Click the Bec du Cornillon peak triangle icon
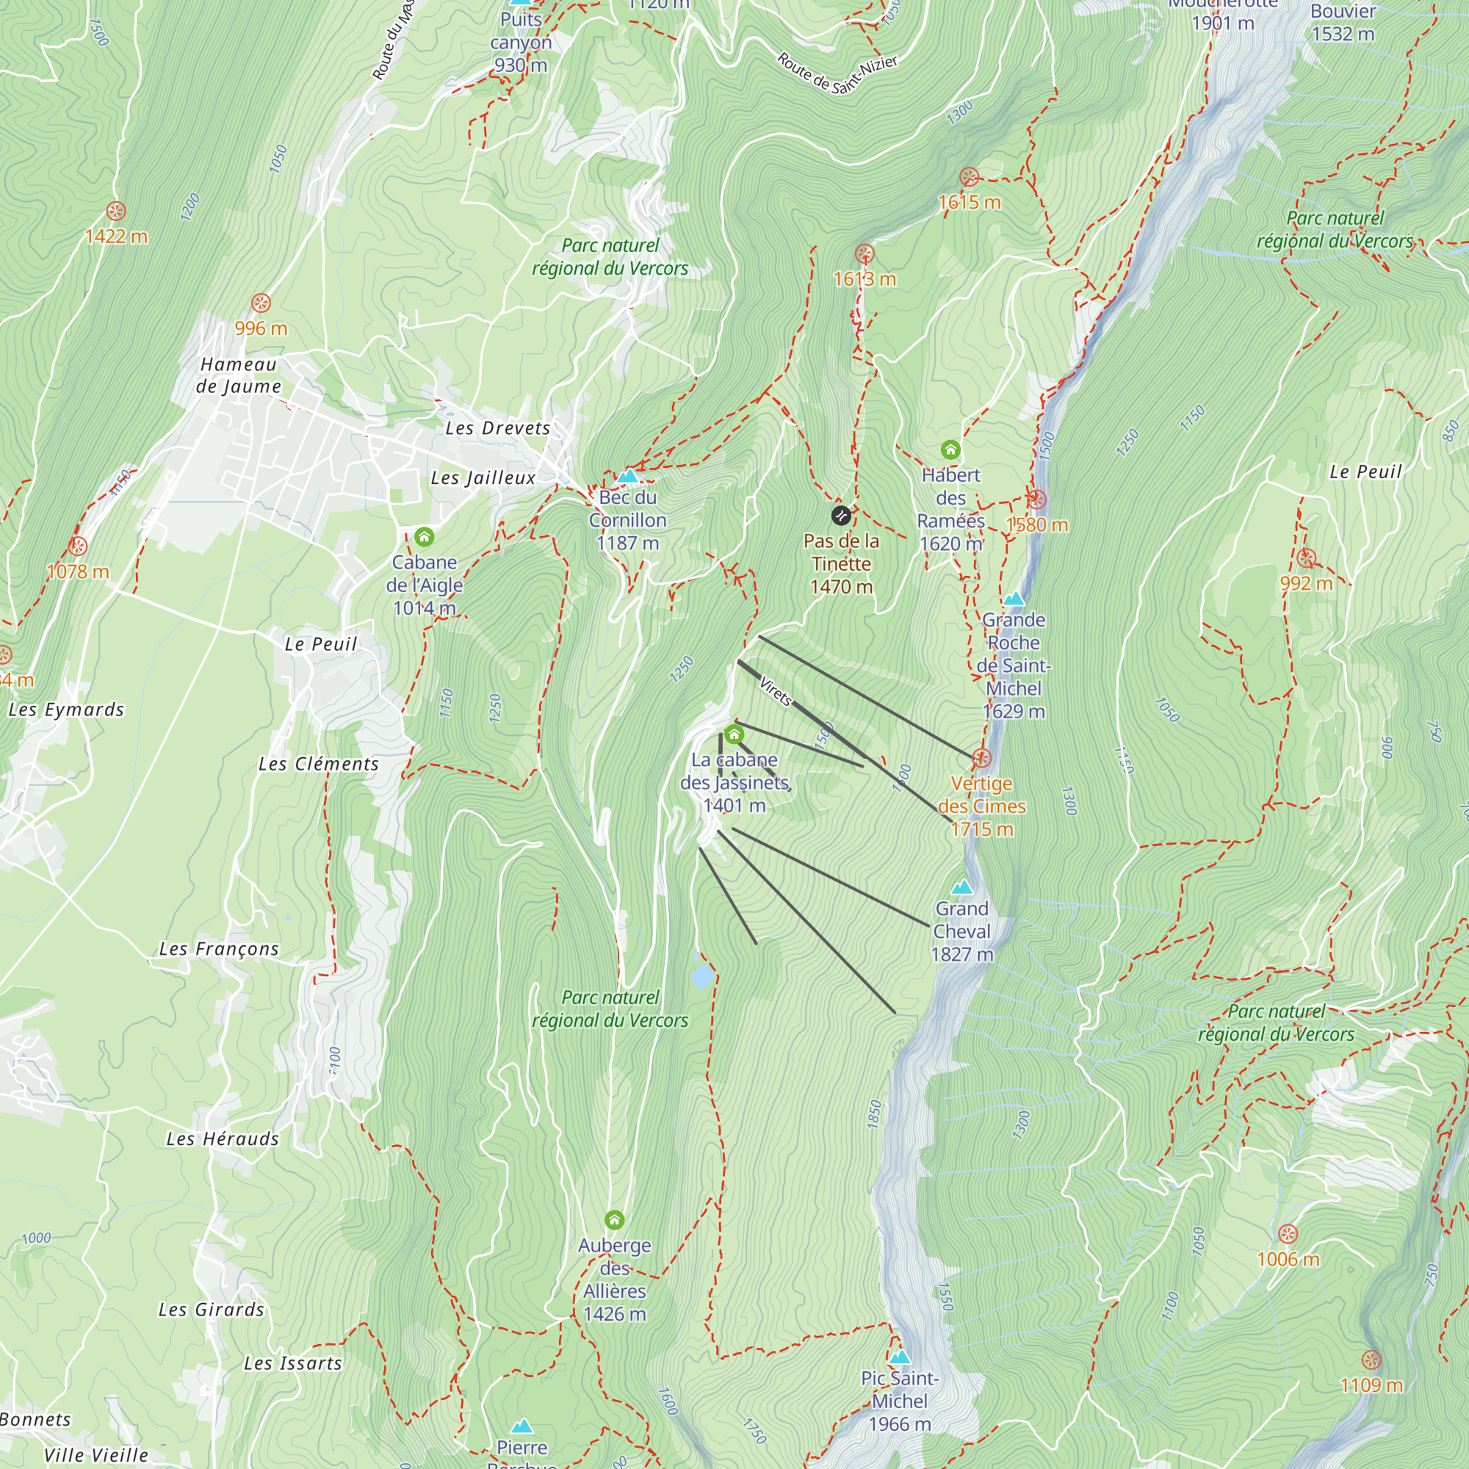point(627,477)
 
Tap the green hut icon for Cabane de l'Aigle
point(425,538)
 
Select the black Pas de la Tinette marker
point(840,516)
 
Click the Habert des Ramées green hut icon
point(950,450)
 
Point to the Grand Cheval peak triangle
point(962,887)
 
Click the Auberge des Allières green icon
point(614,1220)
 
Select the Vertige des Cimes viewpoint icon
point(981,758)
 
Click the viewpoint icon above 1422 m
point(115,212)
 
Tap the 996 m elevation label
point(261,328)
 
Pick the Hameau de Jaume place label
point(239,375)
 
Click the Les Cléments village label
point(319,764)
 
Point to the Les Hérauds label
point(223,1139)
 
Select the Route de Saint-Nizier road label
point(837,73)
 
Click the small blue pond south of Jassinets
point(703,975)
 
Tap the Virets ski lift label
point(776,690)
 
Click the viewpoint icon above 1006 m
point(1288,1234)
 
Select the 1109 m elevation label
point(1371,1385)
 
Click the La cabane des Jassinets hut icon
point(734,734)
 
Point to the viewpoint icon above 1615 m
point(969,177)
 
